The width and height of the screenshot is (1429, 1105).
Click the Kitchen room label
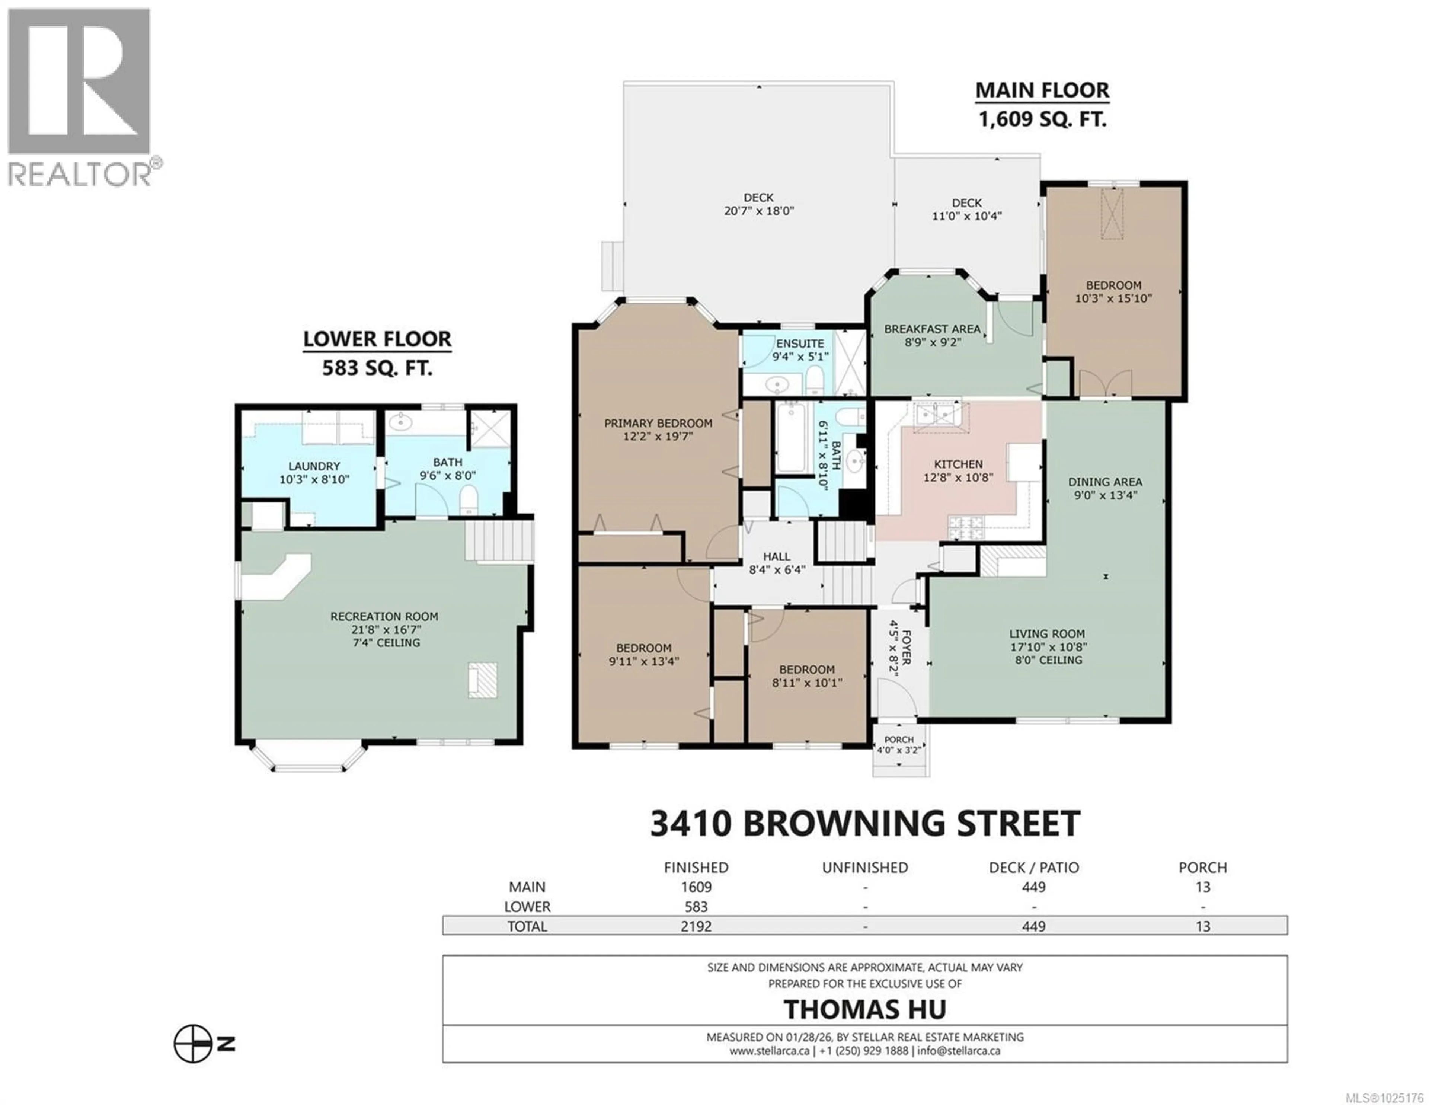tap(958, 464)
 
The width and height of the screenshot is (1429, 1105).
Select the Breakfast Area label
tap(932, 329)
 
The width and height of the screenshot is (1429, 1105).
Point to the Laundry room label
tap(314, 466)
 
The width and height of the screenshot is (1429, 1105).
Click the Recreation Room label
tap(384, 616)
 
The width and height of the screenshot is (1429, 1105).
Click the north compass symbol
tap(194, 1045)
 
